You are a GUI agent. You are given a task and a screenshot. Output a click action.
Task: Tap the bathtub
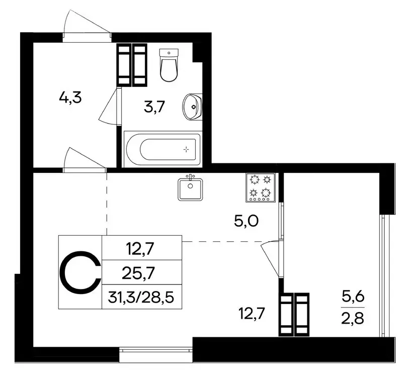[162, 149]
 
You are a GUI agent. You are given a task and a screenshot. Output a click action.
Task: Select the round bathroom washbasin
[192, 107]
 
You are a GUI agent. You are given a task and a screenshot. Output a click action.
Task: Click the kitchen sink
[190, 188]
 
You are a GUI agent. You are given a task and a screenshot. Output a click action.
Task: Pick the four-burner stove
[261, 188]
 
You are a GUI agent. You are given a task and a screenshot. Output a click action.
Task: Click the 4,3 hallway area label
[70, 97]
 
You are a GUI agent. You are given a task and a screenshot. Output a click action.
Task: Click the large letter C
[80, 272]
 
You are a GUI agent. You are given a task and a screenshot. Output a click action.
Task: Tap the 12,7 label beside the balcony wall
[252, 315]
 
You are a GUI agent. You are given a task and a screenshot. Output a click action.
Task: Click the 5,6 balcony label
[353, 297]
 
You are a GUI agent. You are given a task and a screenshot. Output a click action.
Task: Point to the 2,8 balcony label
[353, 319]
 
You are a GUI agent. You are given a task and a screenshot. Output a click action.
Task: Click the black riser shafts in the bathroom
[132, 65]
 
